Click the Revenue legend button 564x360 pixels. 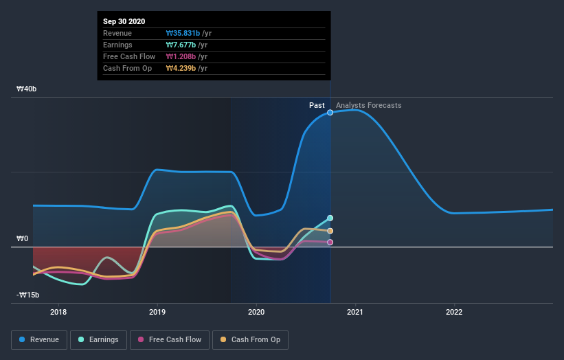tap(40, 339)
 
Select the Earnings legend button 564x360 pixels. tap(98, 339)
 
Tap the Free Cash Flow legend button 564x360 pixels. tap(170, 339)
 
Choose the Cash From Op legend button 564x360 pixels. tap(250, 339)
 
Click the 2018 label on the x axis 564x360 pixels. tap(59, 311)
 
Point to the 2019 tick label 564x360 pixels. tap(158, 311)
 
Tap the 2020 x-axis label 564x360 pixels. tap(257, 311)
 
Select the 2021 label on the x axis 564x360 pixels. tap(356, 311)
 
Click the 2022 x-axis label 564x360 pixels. tap(454, 311)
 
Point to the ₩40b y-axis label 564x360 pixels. tap(27, 89)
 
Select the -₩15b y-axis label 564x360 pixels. tap(27, 295)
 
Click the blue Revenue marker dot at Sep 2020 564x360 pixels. tap(330, 112)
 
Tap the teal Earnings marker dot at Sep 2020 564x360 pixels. tap(330, 218)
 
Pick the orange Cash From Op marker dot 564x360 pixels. tap(330, 231)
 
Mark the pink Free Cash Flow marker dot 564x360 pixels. tap(330, 242)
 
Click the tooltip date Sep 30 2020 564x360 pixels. tap(124, 22)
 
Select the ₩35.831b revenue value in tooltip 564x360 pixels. tap(183, 33)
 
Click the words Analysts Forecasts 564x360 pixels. tap(369, 105)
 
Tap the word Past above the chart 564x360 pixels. tap(317, 105)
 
